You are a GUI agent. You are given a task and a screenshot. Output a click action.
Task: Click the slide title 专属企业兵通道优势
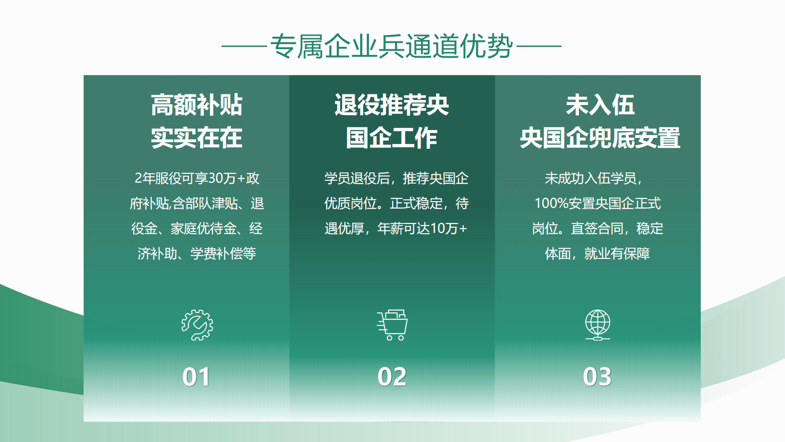coord(392,46)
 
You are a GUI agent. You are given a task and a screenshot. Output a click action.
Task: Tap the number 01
coord(196,377)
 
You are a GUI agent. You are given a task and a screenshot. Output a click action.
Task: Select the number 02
coord(392,377)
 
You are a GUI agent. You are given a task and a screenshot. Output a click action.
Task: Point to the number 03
coord(597,377)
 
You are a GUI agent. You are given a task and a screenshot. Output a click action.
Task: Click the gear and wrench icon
coord(197,325)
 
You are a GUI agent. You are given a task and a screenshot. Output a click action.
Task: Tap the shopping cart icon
coord(392,325)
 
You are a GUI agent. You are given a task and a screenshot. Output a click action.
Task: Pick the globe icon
coord(597,325)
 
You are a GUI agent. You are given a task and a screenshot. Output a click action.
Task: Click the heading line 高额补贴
coord(197,105)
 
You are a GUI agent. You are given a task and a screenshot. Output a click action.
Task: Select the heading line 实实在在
coord(197,138)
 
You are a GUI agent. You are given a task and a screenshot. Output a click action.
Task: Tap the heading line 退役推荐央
coord(392,105)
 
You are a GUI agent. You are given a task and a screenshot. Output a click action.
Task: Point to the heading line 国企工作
coord(392,138)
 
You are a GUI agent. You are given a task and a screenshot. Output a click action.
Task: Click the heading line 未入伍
coord(600,105)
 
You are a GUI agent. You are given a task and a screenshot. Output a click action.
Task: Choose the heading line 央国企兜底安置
coord(600,138)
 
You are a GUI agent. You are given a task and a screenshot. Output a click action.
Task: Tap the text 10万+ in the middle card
coord(449,229)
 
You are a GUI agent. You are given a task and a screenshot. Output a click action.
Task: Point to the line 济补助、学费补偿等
coord(197,254)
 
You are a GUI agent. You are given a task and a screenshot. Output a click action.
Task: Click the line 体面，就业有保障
coord(597,254)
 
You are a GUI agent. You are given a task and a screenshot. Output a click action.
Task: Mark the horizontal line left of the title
coord(244,46)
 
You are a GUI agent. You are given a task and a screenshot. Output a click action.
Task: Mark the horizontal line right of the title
coord(539,46)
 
